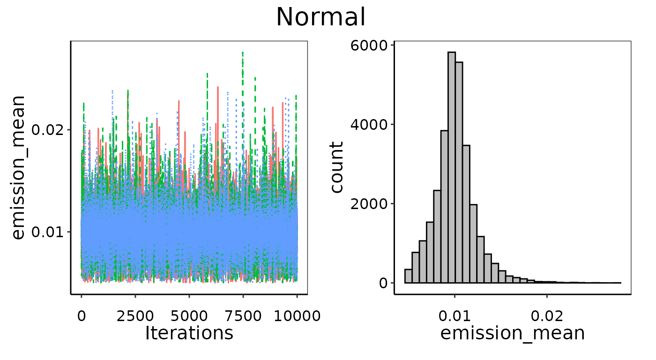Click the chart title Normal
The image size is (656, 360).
point(321,17)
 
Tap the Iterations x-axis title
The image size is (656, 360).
point(189,333)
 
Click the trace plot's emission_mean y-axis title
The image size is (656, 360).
point(18,167)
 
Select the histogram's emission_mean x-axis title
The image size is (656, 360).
point(513,333)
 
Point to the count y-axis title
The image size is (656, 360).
point(337,167)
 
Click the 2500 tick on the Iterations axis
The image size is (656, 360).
point(135,315)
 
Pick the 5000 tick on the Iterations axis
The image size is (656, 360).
point(189,315)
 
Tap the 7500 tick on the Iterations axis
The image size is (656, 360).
point(243,315)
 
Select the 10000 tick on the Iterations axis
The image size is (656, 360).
point(297,315)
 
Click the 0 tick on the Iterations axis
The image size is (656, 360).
point(82,315)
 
